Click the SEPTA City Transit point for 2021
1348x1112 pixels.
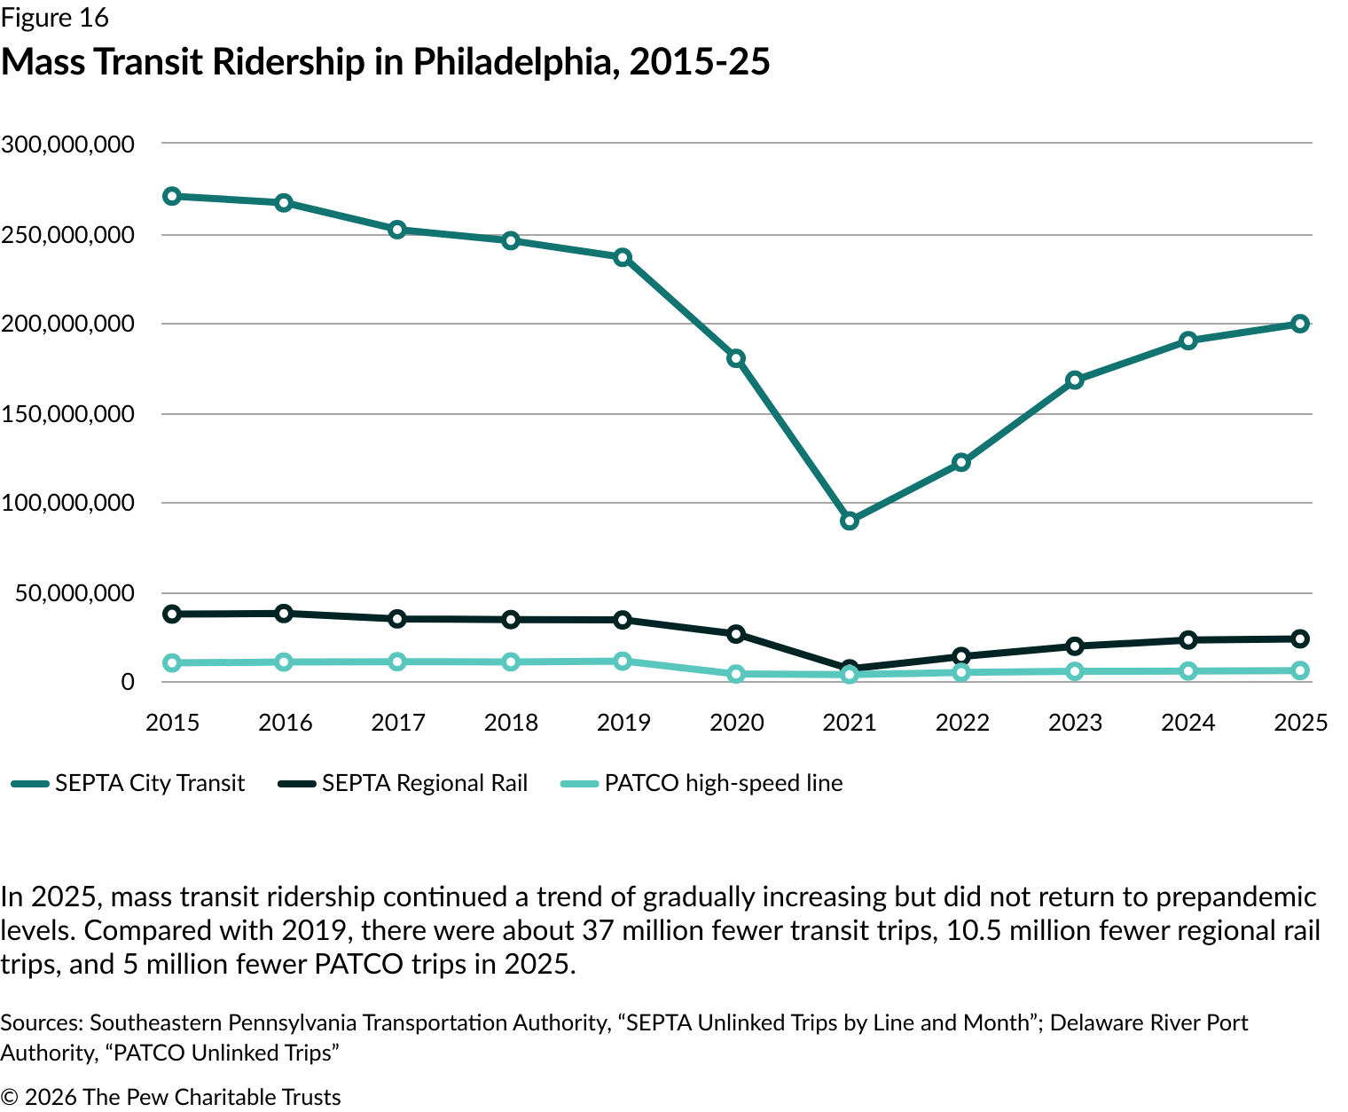(850, 521)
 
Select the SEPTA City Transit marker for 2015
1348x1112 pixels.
(172, 196)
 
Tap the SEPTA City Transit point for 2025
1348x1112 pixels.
(1300, 324)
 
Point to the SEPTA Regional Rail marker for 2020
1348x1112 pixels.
(736, 634)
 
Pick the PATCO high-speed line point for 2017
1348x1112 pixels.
(397, 662)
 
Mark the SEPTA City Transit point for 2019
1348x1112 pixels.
(623, 257)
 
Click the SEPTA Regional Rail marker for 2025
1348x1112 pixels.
(1300, 638)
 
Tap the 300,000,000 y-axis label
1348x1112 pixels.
(68, 144)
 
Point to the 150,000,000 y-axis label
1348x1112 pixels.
(68, 414)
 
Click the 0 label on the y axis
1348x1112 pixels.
(128, 682)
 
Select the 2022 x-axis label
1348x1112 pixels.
(962, 723)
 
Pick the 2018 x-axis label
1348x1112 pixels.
(511, 723)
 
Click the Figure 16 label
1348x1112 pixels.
(55, 18)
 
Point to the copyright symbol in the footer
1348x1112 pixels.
(10, 1098)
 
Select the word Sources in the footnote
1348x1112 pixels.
(41, 1023)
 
